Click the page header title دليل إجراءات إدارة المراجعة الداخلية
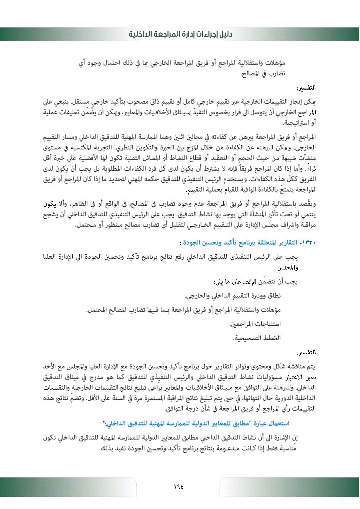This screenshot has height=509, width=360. pos(180,34)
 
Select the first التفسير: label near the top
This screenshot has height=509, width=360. pos(307,88)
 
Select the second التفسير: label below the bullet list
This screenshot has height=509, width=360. pos(307,353)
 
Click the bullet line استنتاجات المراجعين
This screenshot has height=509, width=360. pos(255,324)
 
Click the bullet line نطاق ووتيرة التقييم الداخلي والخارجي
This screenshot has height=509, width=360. pos(233,296)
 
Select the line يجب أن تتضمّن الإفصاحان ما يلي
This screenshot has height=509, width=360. pos(256,282)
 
